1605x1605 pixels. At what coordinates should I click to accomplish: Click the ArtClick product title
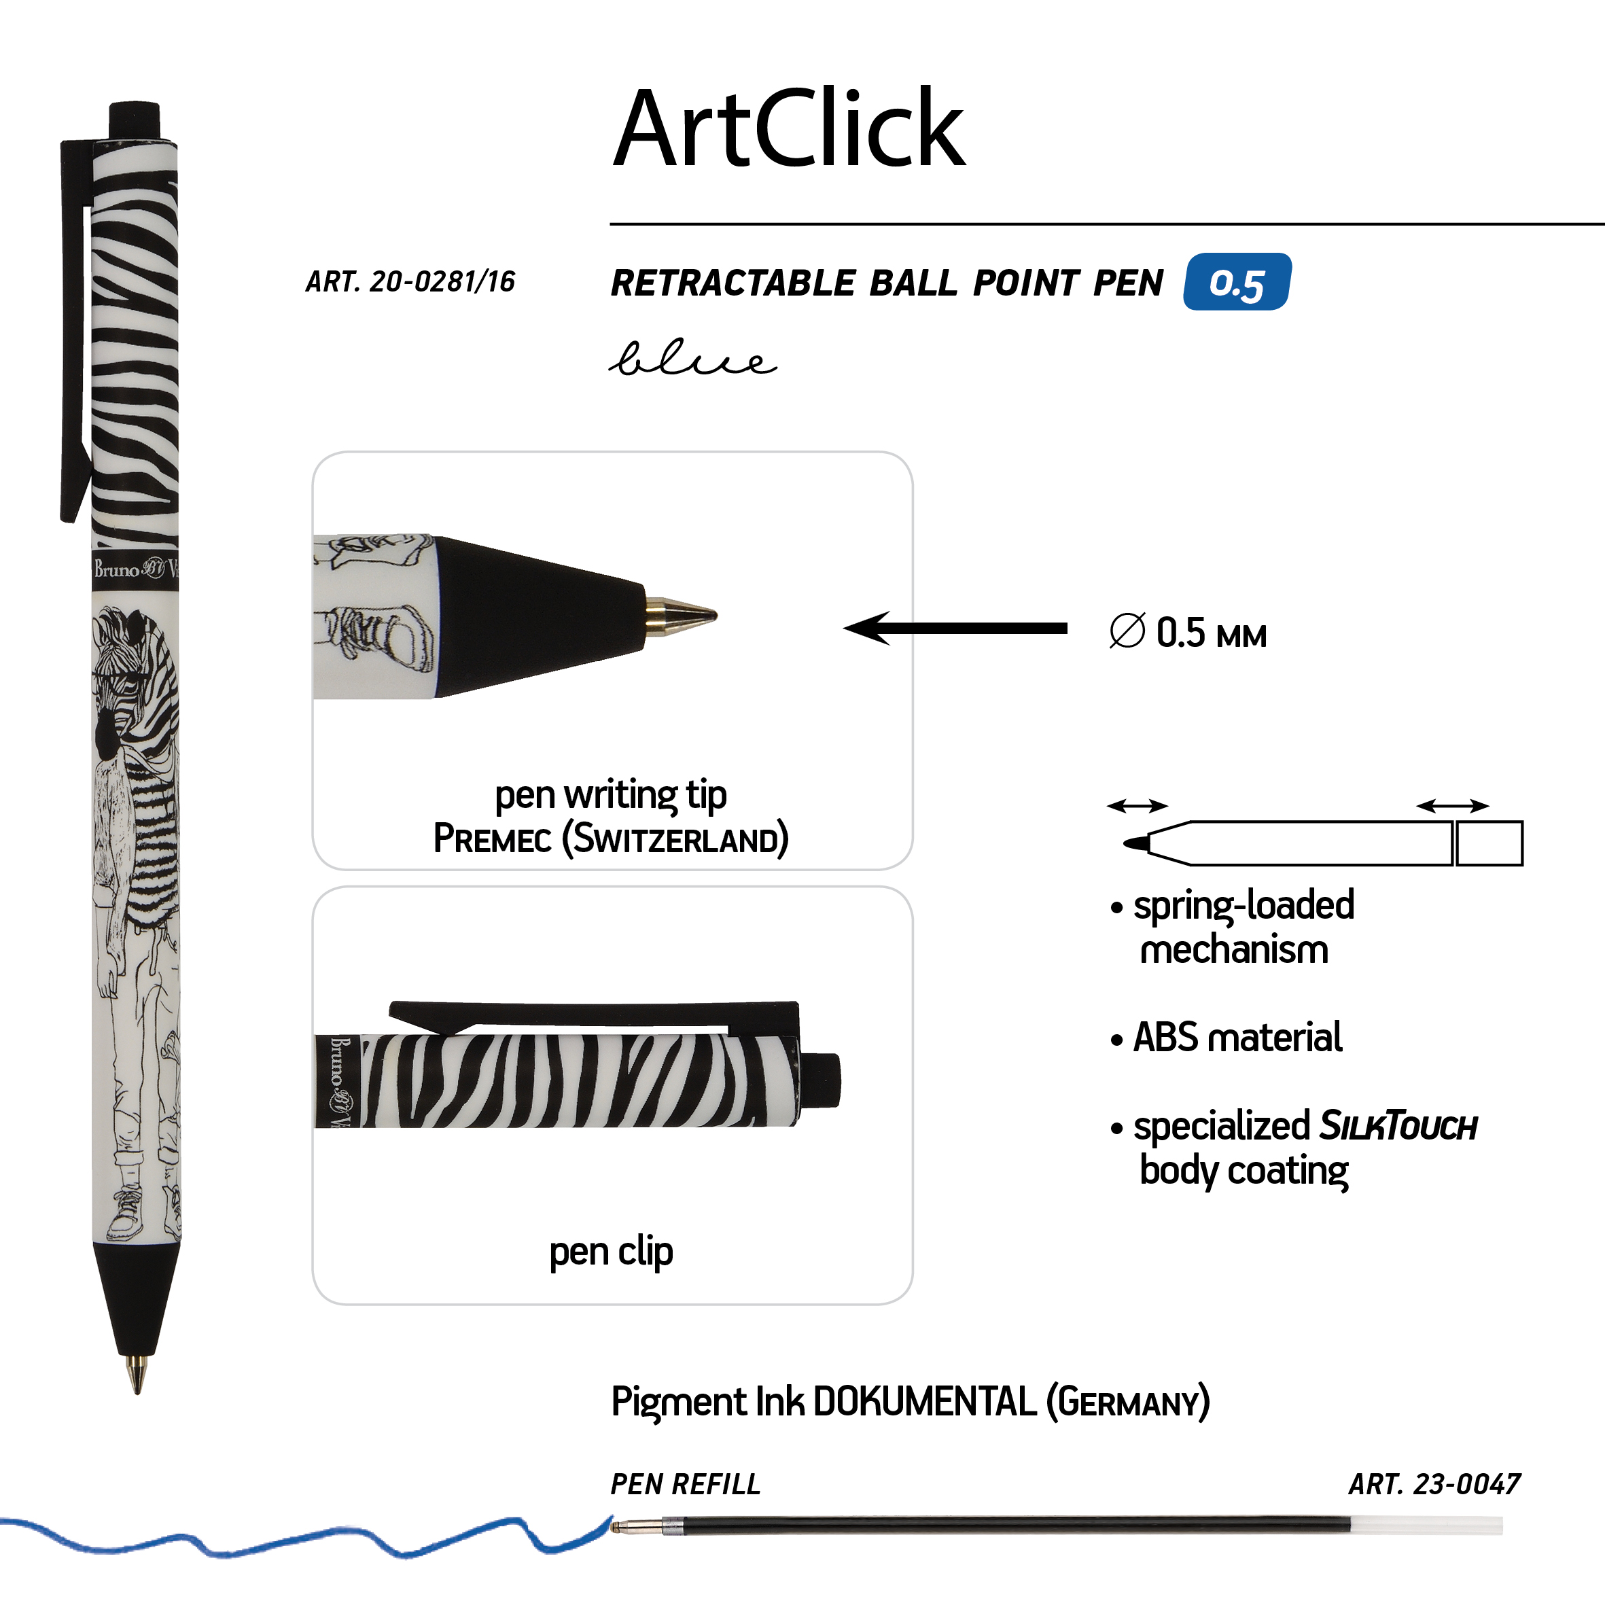click(788, 128)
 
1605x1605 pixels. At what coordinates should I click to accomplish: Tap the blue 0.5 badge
click(1237, 283)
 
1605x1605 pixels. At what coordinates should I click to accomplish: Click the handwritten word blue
click(692, 359)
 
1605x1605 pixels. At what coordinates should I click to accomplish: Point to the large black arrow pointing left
click(955, 628)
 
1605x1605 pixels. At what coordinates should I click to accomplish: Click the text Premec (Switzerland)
click(611, 839)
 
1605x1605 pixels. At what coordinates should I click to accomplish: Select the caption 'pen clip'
click(611, 1251)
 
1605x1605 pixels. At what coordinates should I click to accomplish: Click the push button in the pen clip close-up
click(822, 1080)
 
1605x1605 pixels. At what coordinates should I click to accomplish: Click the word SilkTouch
click(1398, 1127)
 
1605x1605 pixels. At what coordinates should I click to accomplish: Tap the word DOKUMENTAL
click(923, 1403)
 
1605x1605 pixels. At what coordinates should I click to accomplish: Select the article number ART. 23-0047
click(1434, 1485)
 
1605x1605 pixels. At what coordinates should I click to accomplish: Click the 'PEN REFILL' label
click(686, 1485)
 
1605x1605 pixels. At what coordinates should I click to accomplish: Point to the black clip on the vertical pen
click(74, 332)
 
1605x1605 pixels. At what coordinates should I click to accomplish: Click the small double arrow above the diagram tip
click(1137, 805)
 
